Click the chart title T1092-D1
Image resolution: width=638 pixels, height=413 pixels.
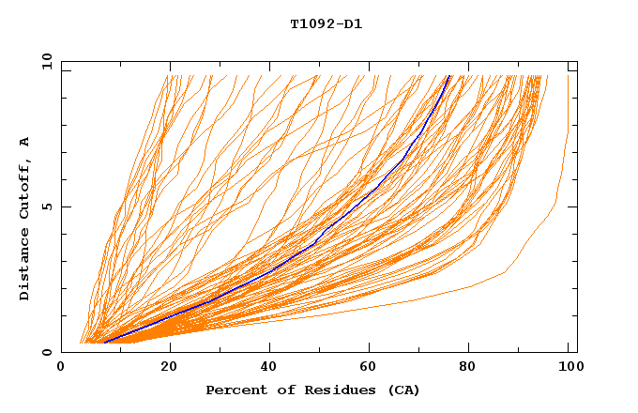click(x=326, y=23)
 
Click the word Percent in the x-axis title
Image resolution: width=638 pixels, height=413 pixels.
click(x=234, y=390)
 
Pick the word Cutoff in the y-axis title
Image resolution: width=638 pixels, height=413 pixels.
click(x=24, y=188)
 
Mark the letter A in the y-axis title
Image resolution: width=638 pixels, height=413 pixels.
click(x=24, y=142)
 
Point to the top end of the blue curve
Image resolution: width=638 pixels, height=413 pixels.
click(x=449, y=76)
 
